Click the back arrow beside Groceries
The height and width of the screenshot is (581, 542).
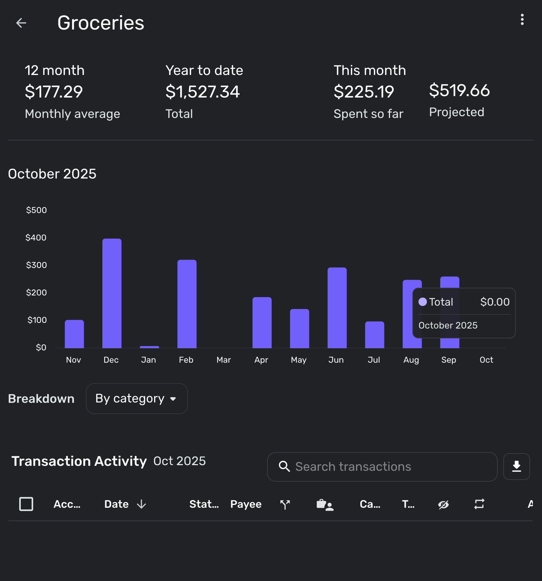click(x=21, y=23)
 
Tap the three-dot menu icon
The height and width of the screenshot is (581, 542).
click(x=522, y=20)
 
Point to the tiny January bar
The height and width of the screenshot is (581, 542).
click(x=149, y=347)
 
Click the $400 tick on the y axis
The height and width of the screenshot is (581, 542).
click(x=36, y=238)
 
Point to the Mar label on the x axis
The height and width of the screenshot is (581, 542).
click(x=223, y=360)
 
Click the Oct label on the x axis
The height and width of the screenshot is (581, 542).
click(x=486, y=360)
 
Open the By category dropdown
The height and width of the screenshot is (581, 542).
click(x=137, y=399)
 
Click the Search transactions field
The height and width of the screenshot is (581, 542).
click(x=382, y=467)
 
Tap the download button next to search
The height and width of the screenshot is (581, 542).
click(x=516, y=467)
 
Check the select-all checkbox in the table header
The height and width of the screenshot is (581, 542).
click(x=26, y=504)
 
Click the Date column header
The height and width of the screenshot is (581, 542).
click(x=117, y=504)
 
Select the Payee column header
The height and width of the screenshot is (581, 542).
click(x=246, y=504)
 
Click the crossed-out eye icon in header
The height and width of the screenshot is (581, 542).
click(x=443, y=505)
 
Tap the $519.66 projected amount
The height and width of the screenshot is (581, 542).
click(x=459, y=90)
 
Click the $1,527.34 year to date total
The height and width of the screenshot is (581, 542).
click(x=203, y=92)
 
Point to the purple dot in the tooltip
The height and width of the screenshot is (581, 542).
click(x=422, y=302)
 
